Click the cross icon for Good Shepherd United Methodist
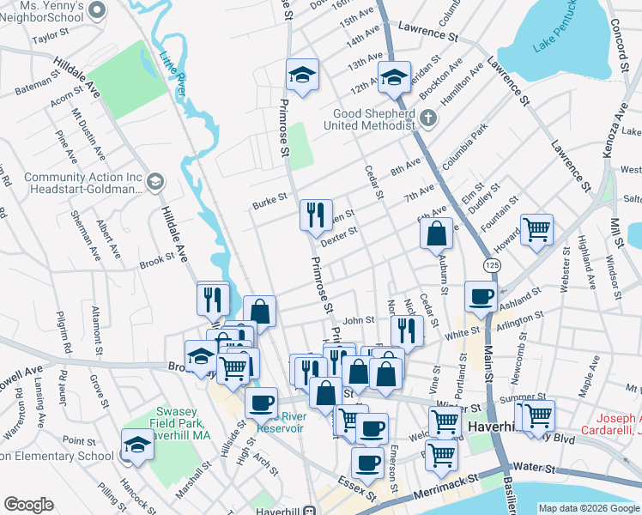pyautogui.click(x=427, y=117)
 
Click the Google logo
pyautogui.click(x=28, y=505)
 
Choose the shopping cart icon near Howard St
pyautogui.click(x=537, y=229)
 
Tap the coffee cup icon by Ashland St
pyautogui.click(x=481, y=296)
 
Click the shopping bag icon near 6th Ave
pyautogui.click(x=437, y=233)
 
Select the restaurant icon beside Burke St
pyautogui.click(x=316, y=214)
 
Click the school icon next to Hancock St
pyautogui.click(x=137, y=444)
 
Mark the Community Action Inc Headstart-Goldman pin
pyautogui.click(x=154, y=181)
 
